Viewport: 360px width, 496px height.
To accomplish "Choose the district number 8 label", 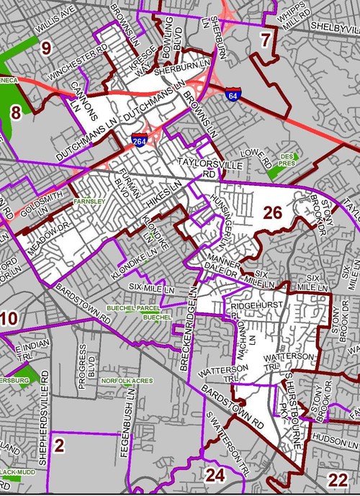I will click(x=14, y=112).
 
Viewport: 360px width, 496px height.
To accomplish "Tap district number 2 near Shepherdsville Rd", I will click(x=60, y=446).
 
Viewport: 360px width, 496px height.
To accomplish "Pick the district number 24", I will click(x=215, y=475).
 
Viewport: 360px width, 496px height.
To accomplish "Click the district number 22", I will click(x=336, y=481).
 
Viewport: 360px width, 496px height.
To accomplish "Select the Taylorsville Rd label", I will click(x=198, y=168).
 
